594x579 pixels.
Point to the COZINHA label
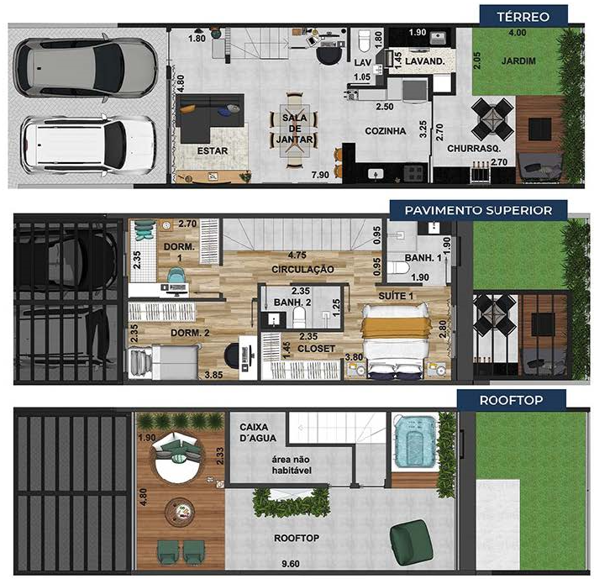(x=385, y=131)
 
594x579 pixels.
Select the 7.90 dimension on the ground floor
(x=319, y=175)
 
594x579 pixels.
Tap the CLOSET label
(x=317, y=348)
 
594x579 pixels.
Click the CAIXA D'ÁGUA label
(x=259, y=433)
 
